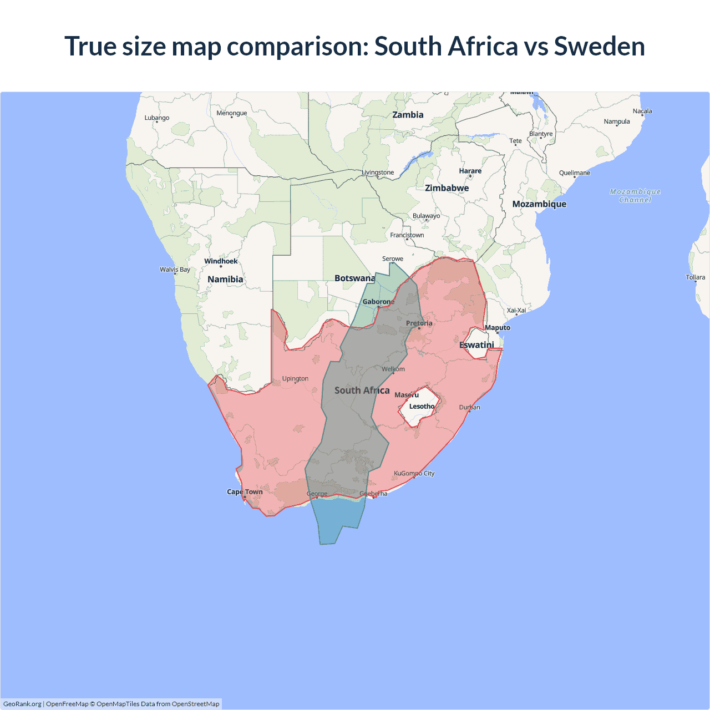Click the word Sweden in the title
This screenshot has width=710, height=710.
click(x=599, y=46)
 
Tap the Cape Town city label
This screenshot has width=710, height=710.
click(x=245, y=491)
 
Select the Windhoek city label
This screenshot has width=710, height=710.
click(x=221, y=261)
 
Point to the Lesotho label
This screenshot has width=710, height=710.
click(x=422, y=406)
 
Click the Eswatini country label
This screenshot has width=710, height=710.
click(x=476, y=345)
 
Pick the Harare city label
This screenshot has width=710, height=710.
click(x=470, y=171)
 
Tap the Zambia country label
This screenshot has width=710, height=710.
click(x=408, y=115)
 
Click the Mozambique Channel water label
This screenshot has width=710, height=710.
click(x=635, y=196)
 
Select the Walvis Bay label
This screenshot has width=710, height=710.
click(x=175, y=270)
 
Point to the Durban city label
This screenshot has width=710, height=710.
click(x=469, y=407)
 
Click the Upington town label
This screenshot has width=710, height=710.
click(x=295, y=378)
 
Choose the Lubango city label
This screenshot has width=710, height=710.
click(x=157, y=118)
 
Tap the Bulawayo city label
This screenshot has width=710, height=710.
click(x=426, y=216)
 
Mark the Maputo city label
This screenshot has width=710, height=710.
click(x=497, y=328)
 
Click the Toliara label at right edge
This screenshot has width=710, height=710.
click(x=696, y=277)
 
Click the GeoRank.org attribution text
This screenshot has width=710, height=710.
click(x=22, y=704)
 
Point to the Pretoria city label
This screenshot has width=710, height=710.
click(x=419, y=323)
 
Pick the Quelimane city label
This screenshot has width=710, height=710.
click(x=574, y=173)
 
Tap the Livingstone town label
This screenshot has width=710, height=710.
click(x=378, y=173)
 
